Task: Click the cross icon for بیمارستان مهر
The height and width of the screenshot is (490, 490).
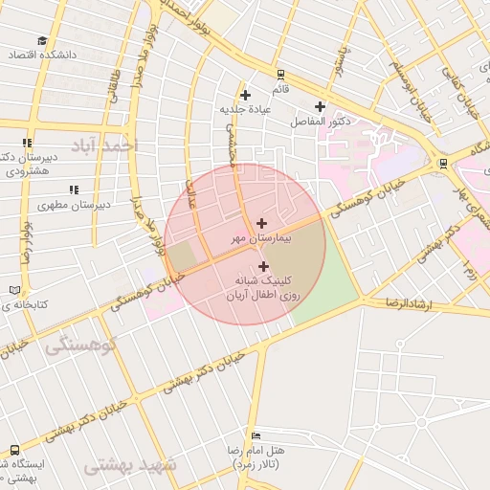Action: [x=262, y=222]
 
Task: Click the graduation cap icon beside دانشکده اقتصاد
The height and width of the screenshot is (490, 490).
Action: [x=42, y=40]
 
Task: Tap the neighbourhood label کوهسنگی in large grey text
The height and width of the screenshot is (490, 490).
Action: [x=80, y=345]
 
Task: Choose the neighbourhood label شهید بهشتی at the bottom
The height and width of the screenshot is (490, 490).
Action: [x=130, y=465]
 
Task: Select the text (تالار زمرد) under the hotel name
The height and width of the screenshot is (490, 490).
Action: [x=255, y=463]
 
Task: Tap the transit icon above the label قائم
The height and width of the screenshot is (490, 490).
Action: [x=279, y=74]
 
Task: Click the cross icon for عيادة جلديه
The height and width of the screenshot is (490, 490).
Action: [x=246, y=95]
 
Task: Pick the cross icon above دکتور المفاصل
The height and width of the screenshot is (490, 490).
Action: [x=320, y=106]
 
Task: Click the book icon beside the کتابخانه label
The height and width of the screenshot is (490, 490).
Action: [x=13, y=289]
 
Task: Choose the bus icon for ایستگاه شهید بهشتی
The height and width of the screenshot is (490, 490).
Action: [x=14, y=449]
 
